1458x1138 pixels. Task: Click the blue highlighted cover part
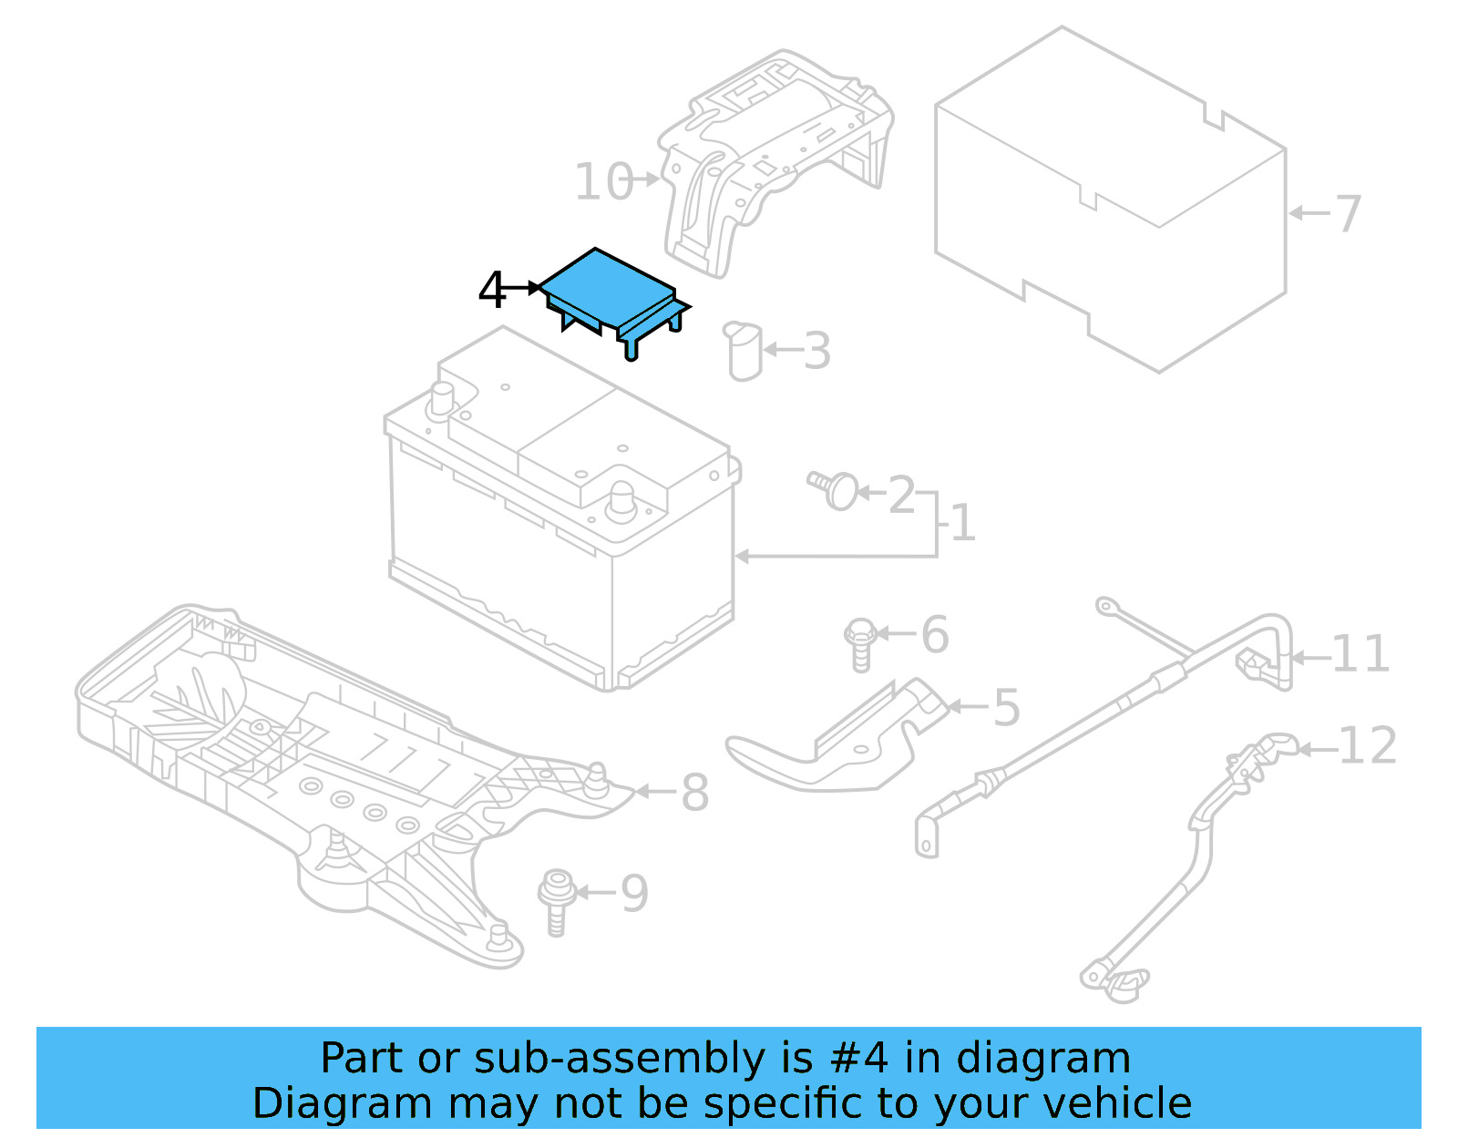pos(605,287)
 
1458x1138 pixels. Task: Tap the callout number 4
pos(492,291)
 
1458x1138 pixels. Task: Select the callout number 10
pos(602,181)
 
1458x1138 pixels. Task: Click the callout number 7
pos(1347,214)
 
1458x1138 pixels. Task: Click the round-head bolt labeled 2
pos(835,490)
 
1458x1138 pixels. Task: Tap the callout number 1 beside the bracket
pos(962,524)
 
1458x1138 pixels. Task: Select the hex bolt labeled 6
pos(860,641)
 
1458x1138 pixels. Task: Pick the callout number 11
pos(1360,654)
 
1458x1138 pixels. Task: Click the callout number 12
pos(1367,746)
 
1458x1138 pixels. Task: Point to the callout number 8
pos(694,792)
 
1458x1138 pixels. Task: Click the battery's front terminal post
pos(621,499)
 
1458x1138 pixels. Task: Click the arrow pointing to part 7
pos(1309,214)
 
